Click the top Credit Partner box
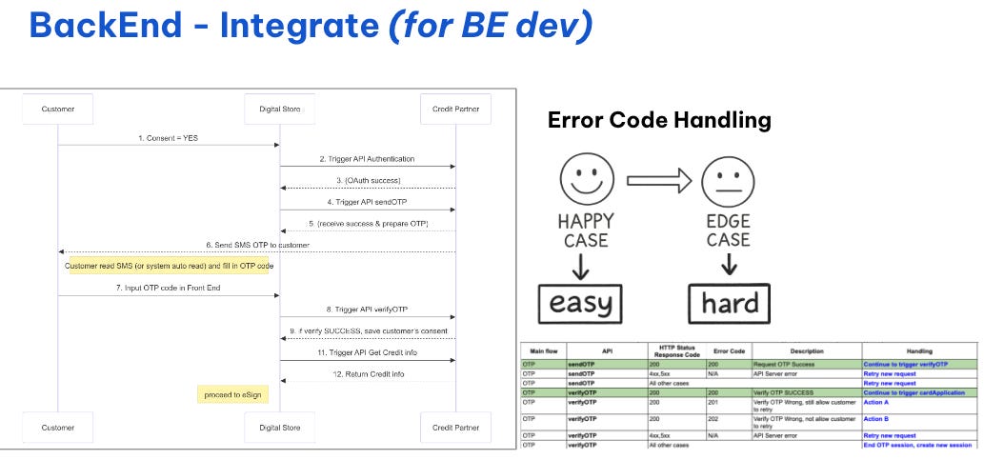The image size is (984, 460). (455, 110)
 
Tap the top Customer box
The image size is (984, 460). (58, 110)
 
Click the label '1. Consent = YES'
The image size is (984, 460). (169, 138)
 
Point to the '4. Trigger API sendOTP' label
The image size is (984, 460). (367, 202)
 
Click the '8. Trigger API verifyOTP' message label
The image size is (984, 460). (367, 310)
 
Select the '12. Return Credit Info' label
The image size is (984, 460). (367, 374)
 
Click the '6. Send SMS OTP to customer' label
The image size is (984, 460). (256, 245)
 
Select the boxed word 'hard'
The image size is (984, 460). (729, 304)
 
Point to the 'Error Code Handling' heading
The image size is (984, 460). (659, 121)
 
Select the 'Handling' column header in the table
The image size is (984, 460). (918, 351)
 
